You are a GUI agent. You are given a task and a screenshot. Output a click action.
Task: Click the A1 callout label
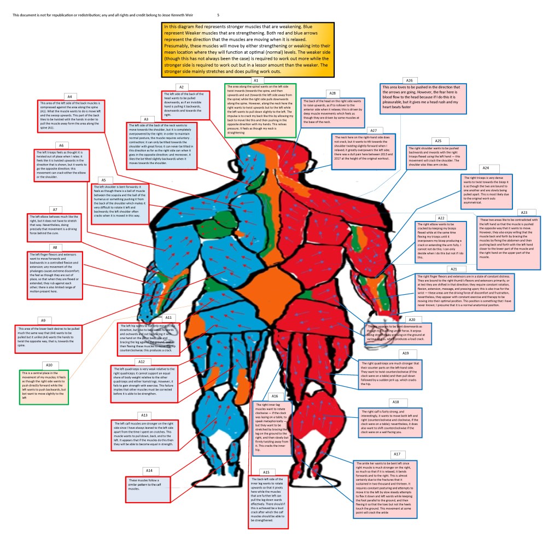click(255, 80)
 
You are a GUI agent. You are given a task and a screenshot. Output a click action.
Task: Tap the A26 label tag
click(409, 80)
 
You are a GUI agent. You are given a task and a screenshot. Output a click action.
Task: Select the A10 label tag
click(48, 364)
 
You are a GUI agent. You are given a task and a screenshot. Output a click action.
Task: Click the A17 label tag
click(396, 454)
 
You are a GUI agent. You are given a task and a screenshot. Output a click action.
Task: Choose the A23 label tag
click(523, 212)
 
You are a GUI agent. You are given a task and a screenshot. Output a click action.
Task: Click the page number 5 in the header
click(218, 15)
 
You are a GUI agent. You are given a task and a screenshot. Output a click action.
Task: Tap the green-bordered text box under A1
click(261, 110)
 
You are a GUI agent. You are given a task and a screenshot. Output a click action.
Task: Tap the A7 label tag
click(54, 209)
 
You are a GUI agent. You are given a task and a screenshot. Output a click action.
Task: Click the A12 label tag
click(141, 361)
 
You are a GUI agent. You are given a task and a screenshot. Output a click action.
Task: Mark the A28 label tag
click(331, 93)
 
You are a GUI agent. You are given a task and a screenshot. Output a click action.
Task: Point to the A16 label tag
click(275, 396)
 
